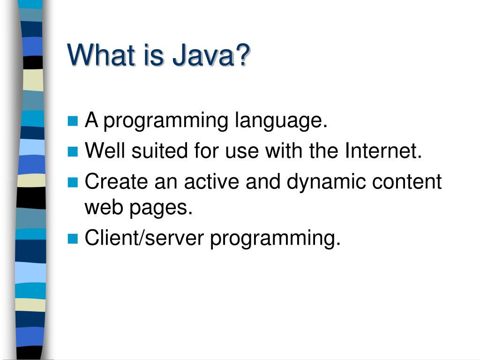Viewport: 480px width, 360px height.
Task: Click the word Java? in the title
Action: [211, 55]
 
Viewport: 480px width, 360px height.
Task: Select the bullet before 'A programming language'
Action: [73, 122]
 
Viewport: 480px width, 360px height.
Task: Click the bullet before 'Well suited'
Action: [73, 152]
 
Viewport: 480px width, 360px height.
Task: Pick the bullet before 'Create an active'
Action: [73, 182]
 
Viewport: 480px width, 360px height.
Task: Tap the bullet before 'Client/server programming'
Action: [73, 239]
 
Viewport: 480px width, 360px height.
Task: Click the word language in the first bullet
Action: [280, 122]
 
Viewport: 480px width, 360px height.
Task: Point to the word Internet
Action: [384, 151]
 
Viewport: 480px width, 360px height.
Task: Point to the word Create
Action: [112, 181]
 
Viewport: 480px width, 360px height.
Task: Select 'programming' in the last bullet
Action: [275, 239]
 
